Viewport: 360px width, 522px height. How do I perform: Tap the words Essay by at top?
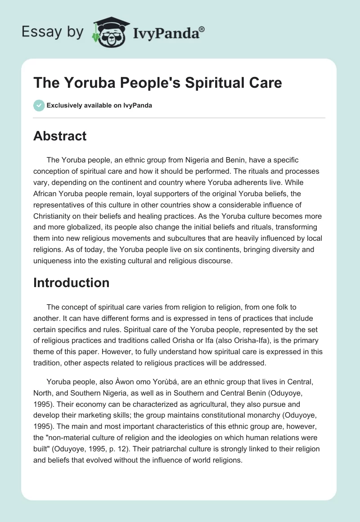[x=53, y=31]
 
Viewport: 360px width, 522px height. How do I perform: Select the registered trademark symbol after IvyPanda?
[x=202, y=28]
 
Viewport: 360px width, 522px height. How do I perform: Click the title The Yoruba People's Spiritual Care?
[x=157, y=83]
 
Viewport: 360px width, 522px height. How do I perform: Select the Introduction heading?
[x=71, y=283]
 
